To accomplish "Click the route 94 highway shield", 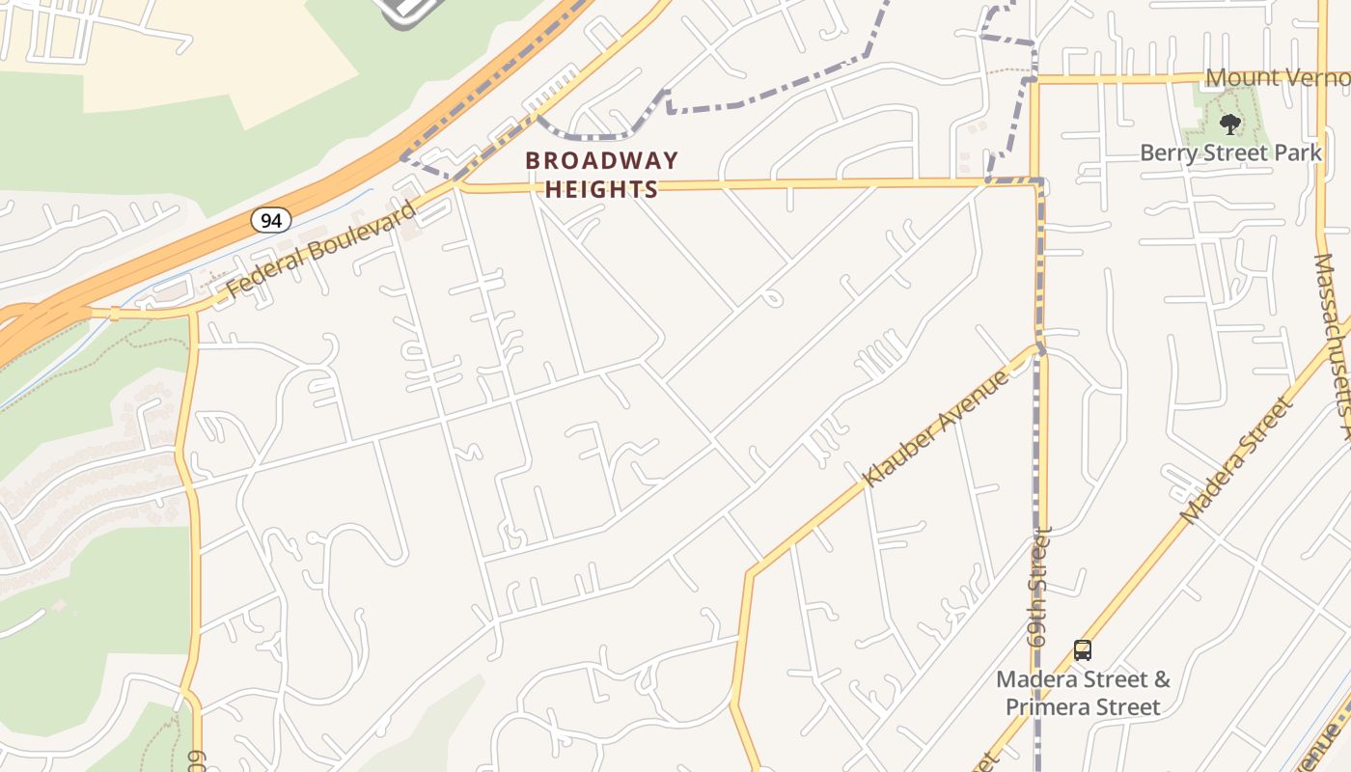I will click(271, 220).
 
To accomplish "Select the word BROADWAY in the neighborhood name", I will click(602, 160).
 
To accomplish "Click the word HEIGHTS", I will click(602, 189).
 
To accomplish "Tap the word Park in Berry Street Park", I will click(1299, 152).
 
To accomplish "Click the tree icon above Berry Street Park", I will click(1229, 124).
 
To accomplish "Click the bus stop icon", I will click(1083, 650).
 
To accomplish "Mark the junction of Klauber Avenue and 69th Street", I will click(1039, 348).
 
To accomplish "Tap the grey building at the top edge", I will click(410, 10).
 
